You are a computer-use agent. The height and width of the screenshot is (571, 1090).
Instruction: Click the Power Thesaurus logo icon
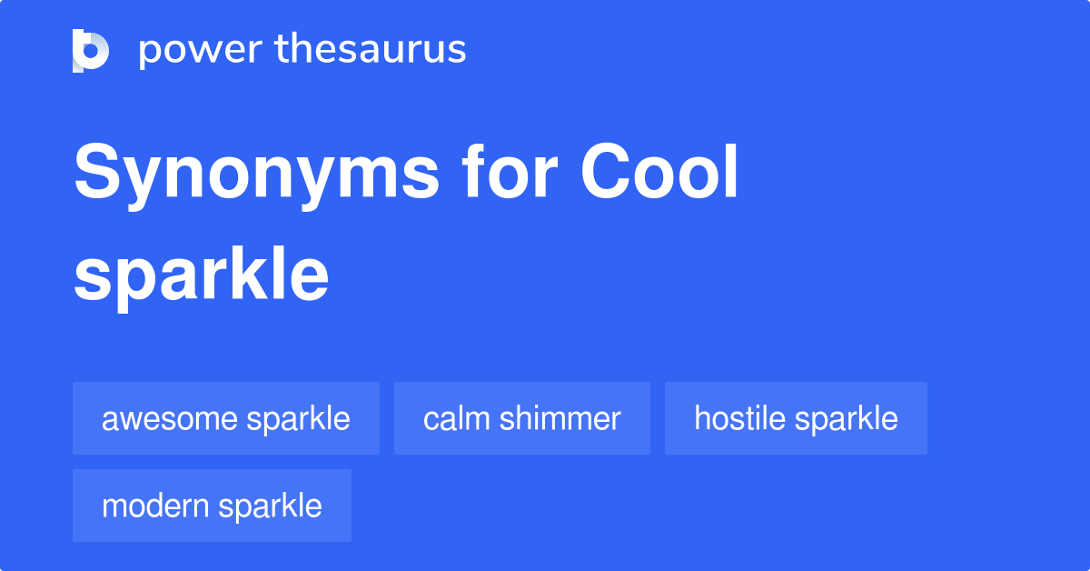click(91, 50)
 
